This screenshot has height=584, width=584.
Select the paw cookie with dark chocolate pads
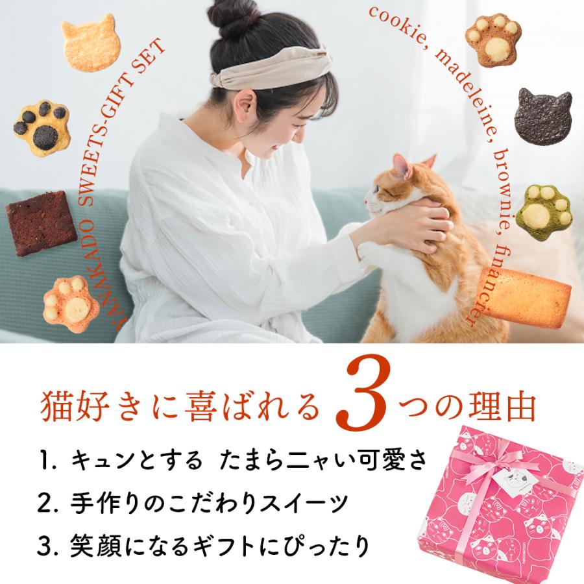click(x=40, y=125)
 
